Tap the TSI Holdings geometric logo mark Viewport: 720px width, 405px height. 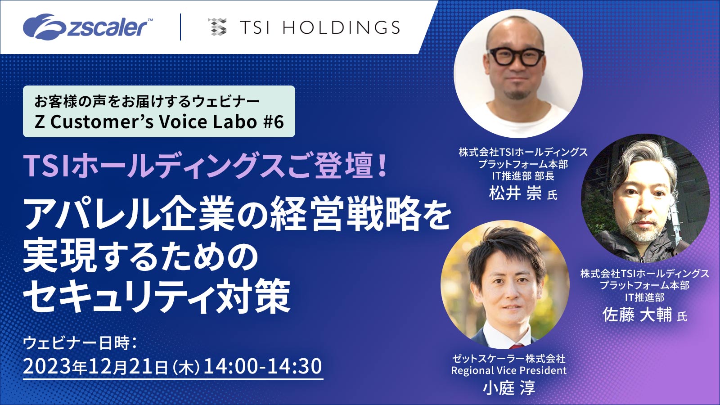[217, 27]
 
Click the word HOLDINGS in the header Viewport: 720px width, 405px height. [341, 28]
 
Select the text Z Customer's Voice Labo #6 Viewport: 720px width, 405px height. [159, 122]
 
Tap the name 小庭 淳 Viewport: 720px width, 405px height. [509, 387]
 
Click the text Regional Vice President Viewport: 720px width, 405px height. [509, 371]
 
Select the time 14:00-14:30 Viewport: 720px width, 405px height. [263, 366]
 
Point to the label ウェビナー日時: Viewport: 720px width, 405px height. [79, 343]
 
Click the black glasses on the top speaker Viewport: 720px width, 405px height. [516, 57]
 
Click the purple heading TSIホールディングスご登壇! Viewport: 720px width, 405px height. [205, 166]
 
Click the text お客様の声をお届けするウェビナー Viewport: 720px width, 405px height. [147, 101]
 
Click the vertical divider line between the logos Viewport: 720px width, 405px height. [180, 27]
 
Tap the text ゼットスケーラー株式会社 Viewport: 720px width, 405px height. [509, 359]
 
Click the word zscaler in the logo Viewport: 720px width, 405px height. [108, 27]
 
